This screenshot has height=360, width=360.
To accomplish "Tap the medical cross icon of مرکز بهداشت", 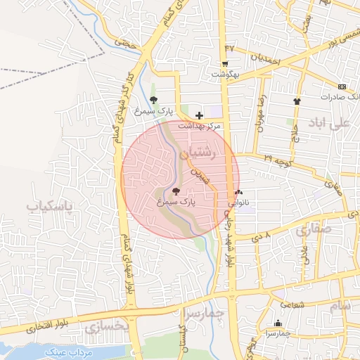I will (x=199, y=115).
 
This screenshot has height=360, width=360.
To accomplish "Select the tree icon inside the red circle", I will (x=175, y=191).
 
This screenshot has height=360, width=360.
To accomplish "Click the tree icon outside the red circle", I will (x=154, y=100).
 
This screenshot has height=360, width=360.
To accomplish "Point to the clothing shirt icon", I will (x=297, y=101).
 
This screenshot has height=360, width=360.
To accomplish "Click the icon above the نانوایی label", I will (x=239, y=192).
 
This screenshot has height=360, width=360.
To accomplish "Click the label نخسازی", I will (x=108, y=327).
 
